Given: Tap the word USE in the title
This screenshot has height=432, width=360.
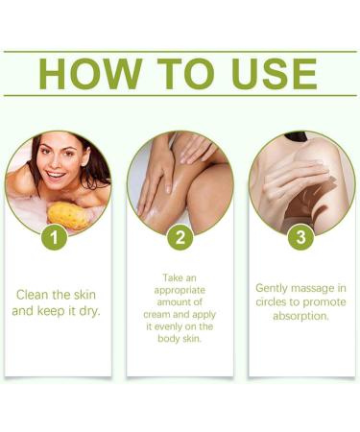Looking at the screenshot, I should click(x=266, y=74).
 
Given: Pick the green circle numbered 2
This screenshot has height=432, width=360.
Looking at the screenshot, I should click(x=180, y=236).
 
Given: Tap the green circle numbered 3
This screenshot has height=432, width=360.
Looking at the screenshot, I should click(x=301, y=236).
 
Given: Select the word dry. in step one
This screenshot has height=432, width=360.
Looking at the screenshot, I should click(x=88, y=311).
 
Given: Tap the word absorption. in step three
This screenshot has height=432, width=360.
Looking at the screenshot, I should click(x=301, y=316).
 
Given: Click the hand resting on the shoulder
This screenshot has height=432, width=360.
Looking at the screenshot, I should click(x=293, y=173).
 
